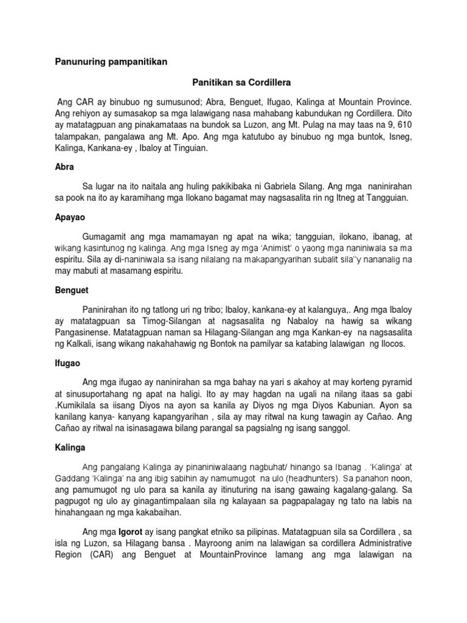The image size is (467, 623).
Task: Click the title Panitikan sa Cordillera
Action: click(233, 80)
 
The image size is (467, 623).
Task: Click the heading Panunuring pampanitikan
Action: click(111, 61)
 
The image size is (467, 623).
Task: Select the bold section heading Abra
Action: click(64, 166)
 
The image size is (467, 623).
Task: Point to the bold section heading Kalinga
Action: click(69, 447)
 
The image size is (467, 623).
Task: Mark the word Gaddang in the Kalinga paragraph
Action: click(74, 478)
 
